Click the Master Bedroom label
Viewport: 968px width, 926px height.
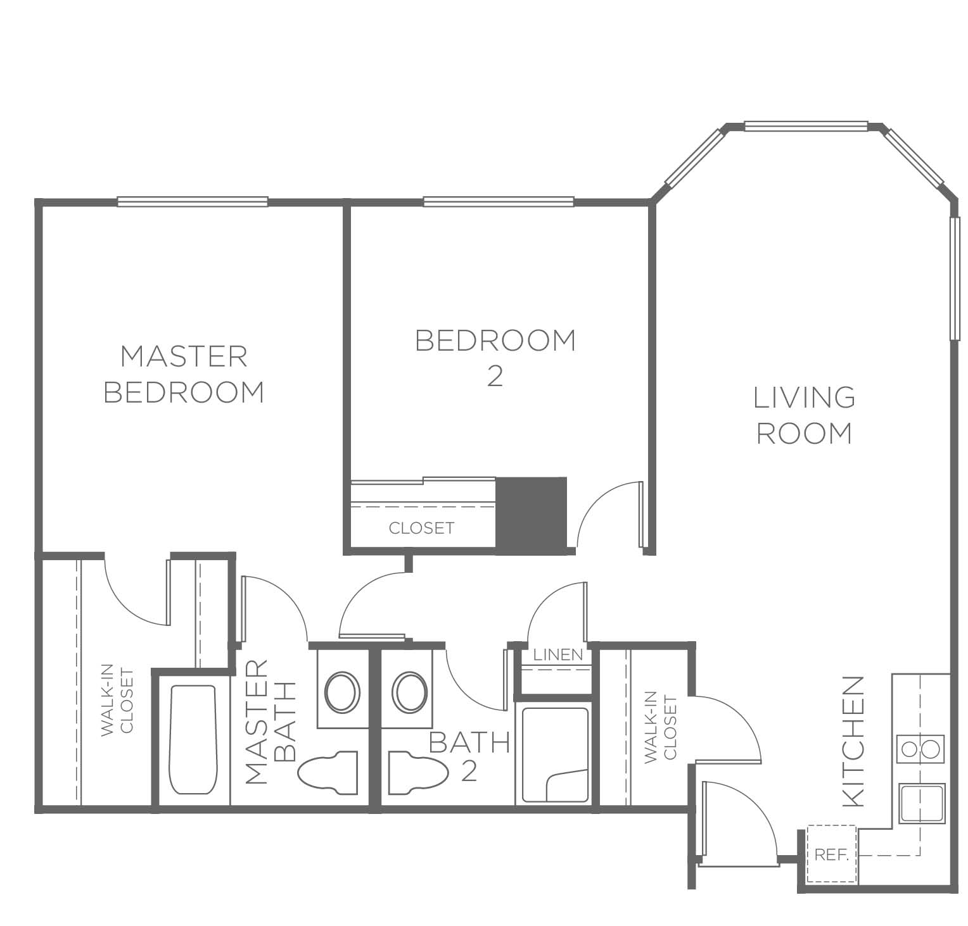click(184, 374)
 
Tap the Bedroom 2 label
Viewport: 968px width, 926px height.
click(495, 358)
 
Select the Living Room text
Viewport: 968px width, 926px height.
click(805, 415)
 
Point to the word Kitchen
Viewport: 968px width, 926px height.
click(854, 741)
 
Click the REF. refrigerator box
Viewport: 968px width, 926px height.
click(832, 854)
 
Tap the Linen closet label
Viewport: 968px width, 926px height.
click(558, 654)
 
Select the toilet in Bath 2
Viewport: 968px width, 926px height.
click(418, 772)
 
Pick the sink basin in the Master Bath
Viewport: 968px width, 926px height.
click(342, 692)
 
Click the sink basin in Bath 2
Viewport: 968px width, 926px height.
click(410, 692)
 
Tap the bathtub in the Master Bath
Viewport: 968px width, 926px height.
click(193, 739)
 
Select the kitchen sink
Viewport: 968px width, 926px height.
click(921, 804)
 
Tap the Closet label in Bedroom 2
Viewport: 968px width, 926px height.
click(421, 528)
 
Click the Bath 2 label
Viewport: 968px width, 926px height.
click(469, 756)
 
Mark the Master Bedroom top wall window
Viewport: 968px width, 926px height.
click(193, 202)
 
